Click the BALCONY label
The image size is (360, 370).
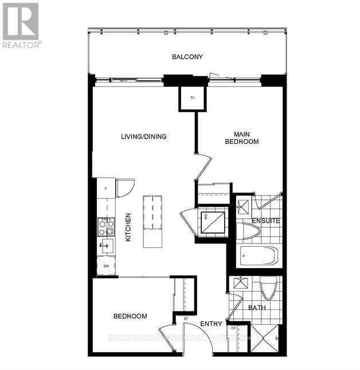click(188, 57)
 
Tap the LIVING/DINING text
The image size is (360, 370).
click(143, 136)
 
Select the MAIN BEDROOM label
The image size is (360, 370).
click(241, 137)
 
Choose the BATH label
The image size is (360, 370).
click(256, 308)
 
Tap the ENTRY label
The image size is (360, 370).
click(211, 324)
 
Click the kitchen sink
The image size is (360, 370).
click(105, 246)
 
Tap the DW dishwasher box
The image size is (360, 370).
click(106, 266)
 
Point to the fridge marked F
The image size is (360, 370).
click(105, 188)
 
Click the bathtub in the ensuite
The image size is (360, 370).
click(257, 256)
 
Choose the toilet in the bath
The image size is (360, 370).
click(267, 288)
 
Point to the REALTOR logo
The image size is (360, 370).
click(21, 25)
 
